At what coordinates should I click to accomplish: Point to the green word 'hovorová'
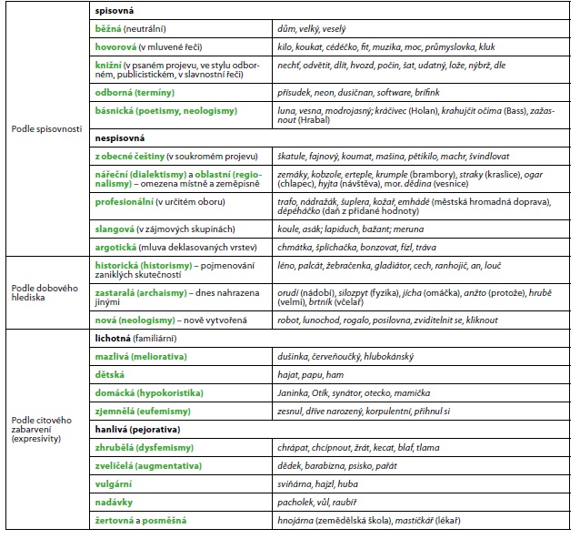click(115, 46)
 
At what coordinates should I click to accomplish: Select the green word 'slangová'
click(116, 229)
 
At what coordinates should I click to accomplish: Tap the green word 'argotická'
click(118, 247)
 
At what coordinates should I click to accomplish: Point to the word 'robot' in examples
click(289, 320)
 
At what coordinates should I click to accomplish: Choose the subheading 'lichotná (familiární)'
click(135, 338)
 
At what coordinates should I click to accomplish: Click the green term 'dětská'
click(110, 374)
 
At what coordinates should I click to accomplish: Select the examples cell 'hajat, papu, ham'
click(311, 374)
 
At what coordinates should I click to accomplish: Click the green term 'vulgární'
click(114, 483)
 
